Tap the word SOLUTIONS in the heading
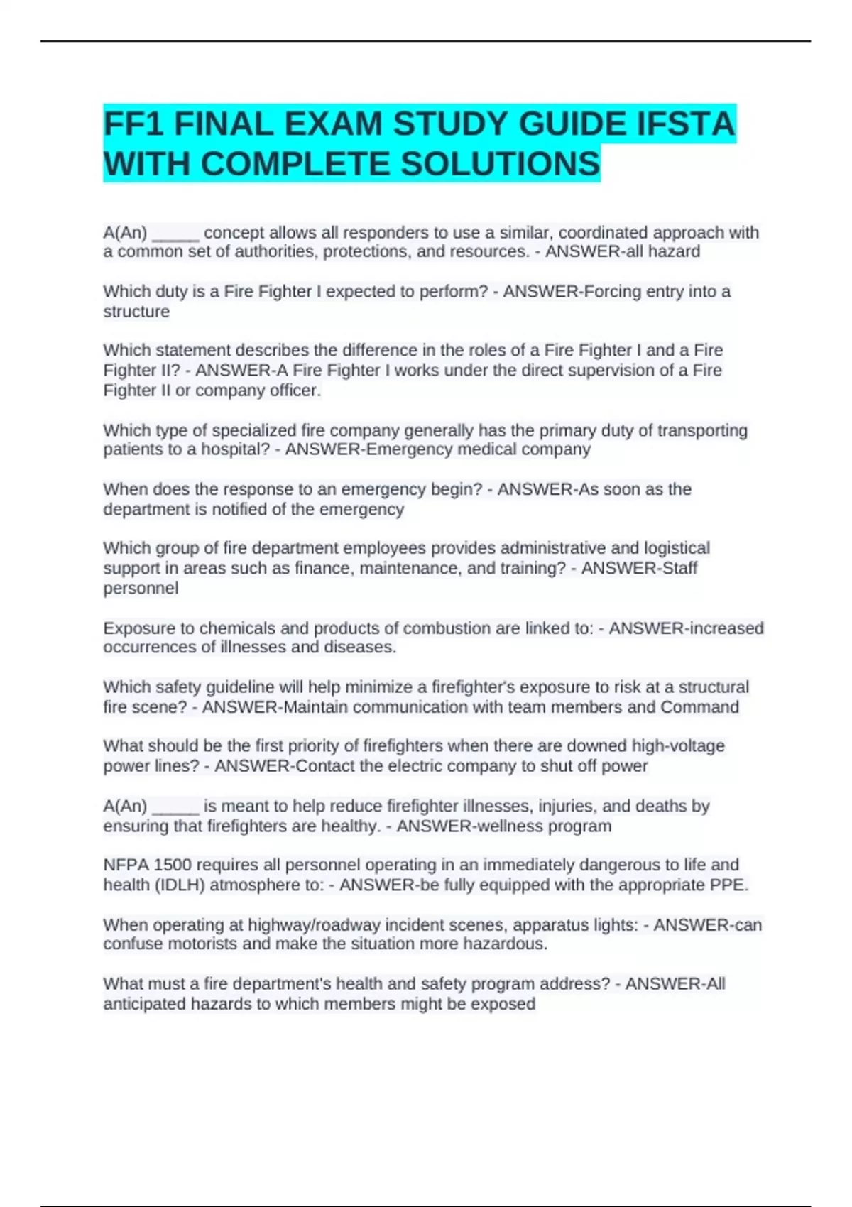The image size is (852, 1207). coord(501,164)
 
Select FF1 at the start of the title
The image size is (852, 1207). coord(134,124)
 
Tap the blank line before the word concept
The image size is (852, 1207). coord(175,234)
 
